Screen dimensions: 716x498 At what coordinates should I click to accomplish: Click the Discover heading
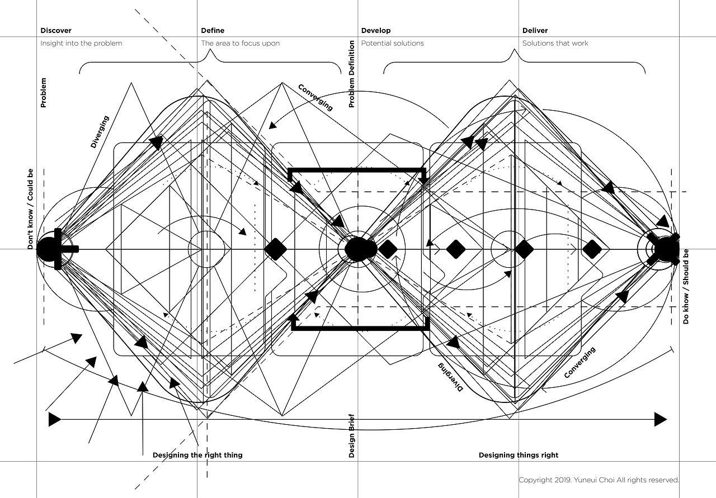click(x=56, y=31)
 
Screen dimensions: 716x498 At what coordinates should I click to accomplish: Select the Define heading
click(x=213, y=31)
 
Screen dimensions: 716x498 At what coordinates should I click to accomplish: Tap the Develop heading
click(x=376, y=31)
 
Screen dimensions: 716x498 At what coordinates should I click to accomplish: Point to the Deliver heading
click(x=535, y=31)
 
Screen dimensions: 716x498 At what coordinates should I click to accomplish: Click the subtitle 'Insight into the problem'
click(x=81, y=43)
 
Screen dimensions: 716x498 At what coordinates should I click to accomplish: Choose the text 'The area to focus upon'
click(x=241, y=43)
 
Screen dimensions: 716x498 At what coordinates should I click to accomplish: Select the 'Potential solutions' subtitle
click(x=393, y=43)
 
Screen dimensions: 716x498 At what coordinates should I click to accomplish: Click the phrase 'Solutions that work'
click(x=555, y=43)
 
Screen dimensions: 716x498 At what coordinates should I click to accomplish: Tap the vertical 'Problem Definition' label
click(x=352, y=74)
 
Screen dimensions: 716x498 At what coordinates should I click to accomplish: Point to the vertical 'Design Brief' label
click(x=352, y=436)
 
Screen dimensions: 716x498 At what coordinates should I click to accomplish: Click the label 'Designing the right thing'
click(x=197, y=455)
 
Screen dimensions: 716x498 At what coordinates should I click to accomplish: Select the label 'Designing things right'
click(x=519, y=455)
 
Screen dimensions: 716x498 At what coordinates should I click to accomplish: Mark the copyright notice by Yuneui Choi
click(x=599, y=480)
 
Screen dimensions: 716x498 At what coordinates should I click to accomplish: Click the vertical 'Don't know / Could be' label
click(x=30, y=209)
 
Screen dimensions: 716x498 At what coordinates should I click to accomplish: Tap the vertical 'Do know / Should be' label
click(x=686, y=287)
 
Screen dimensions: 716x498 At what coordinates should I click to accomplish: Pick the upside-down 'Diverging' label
click(x=450, y=377)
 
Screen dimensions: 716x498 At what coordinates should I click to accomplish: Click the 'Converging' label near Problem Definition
click(x=315, y=97)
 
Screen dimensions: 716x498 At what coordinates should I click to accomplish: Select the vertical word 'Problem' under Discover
click(x=44, y=93)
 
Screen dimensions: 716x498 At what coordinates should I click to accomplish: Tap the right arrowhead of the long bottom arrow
click(x=661, y=419)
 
